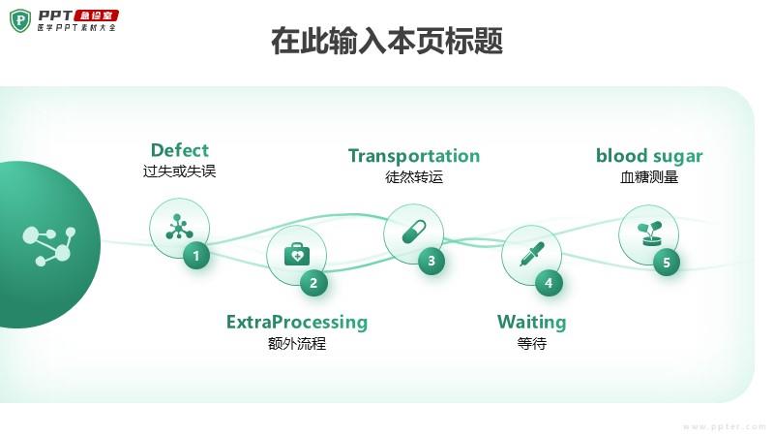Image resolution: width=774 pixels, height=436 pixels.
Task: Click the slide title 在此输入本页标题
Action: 386,42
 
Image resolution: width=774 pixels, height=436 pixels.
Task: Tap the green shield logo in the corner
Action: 20,20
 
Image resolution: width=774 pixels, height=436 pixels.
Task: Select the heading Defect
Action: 179,150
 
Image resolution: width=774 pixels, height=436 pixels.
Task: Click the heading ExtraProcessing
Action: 297,322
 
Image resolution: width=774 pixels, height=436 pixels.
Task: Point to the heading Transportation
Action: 413,156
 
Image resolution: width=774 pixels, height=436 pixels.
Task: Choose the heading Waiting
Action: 531,322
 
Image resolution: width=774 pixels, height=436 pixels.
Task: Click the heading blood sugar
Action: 649,156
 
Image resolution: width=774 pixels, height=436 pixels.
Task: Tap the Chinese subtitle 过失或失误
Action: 179,172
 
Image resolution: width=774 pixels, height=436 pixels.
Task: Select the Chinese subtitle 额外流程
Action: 297,344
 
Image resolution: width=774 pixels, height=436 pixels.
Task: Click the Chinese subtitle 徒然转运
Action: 413,178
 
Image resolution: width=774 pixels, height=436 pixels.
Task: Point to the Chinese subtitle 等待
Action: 531,344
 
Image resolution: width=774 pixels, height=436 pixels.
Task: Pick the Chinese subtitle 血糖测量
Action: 649,178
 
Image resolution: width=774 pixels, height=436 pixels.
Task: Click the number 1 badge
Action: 196,256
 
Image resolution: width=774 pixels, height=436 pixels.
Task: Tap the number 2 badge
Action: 313,283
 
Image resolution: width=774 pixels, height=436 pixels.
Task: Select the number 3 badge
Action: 432,261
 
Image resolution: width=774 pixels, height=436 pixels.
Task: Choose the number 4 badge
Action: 549,283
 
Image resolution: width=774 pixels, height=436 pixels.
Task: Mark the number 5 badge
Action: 666,262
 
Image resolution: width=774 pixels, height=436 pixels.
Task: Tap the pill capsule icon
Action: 413,233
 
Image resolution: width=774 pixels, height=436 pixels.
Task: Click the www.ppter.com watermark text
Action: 725,426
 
